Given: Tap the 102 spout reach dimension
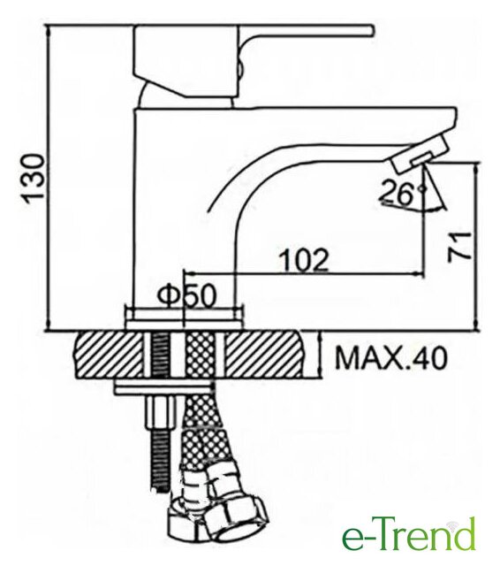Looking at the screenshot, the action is (x=305, y=259).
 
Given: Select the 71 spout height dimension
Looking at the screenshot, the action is (x=460, y=246).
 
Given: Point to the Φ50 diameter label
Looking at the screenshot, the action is (x=186, y=296).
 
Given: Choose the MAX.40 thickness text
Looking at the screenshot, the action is (x=390, y=358).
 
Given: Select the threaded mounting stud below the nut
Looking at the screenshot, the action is (x=159, y=462).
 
